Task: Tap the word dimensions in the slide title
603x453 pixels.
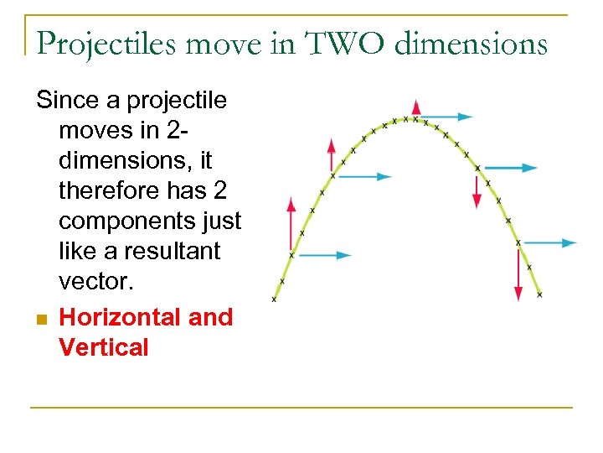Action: tap(470, 43)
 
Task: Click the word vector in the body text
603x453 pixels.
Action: tap(96, 281)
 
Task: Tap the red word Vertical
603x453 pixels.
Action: tap(103, 347)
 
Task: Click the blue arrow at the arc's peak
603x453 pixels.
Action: tap(444, 117)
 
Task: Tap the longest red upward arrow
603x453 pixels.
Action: tap(291, 224)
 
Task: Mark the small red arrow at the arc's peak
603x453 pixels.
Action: tap(416, 107)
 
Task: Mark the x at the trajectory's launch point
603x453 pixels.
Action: tap(274, 299)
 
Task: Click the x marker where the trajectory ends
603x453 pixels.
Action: tap(539, 294)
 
